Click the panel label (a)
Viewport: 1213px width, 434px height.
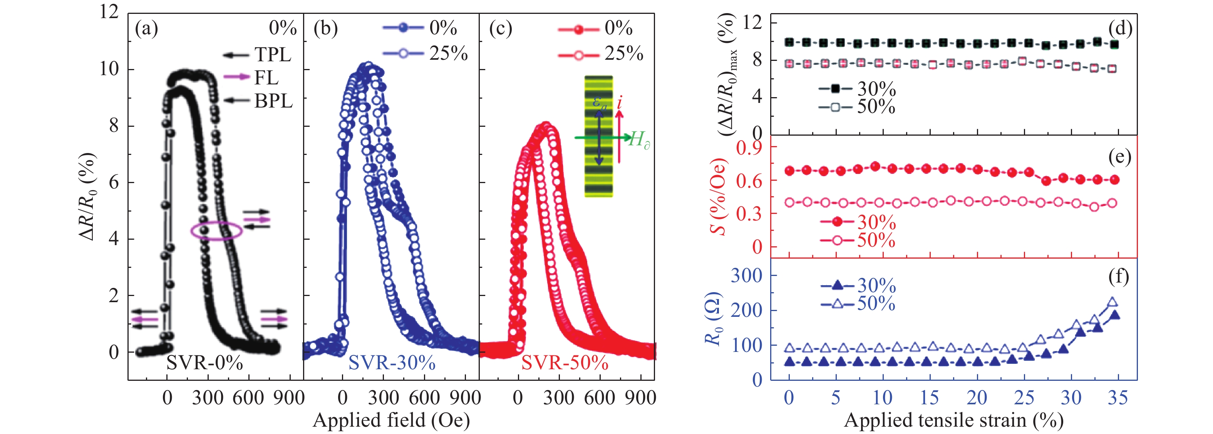pyautogui.click(x=146, y=29)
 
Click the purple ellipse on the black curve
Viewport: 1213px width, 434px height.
pyautogui.click(x=216, y=231)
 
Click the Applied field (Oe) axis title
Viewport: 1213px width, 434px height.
pyautogui.click(x=391, y=419)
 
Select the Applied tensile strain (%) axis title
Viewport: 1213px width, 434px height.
pyautogui.click(x=953, y=419)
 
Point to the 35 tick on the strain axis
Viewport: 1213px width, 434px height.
pyautogui.click(x=1118, y=398)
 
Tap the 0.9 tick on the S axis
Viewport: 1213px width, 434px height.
pyautogui.click(x=750, y=148)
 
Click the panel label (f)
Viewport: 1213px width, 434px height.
pyautogui.click(x=1119, y=277)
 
